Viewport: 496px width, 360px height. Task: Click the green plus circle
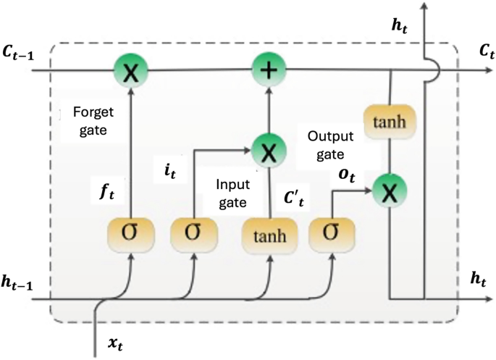pos(269,71)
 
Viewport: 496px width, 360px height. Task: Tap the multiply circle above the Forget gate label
pos(131,71)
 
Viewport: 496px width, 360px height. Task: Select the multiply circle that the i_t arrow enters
pos(269,152)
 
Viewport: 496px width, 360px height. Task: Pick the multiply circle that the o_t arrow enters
pos(390,191)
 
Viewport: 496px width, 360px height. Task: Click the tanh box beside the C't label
pos(269,235)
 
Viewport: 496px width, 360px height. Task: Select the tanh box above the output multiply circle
pos(390,122)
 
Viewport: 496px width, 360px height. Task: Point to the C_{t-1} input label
pos(23,51)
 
